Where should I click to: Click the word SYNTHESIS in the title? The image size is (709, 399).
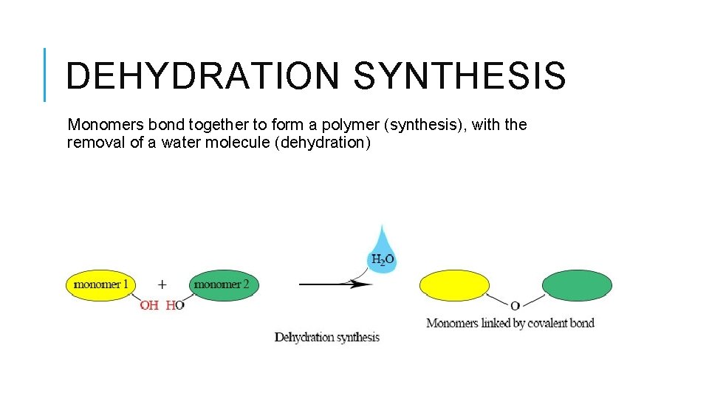[x=459, y=76]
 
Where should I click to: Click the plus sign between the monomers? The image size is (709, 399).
[x=162, y=284]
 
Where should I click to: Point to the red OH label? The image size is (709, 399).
[x=149, y=305]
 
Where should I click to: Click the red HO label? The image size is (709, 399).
[x=175, y=305]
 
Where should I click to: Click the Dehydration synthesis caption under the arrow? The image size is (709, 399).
[x=326, y=338]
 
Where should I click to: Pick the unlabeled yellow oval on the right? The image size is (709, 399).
[x=454, y=286]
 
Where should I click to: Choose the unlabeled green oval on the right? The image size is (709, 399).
[x=577, y=286]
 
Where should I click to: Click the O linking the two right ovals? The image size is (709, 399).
[x=515, y=305]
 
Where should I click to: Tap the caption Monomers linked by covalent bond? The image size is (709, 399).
[x=510, y=323]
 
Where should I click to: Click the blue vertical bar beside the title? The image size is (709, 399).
[x=44, y=74]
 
